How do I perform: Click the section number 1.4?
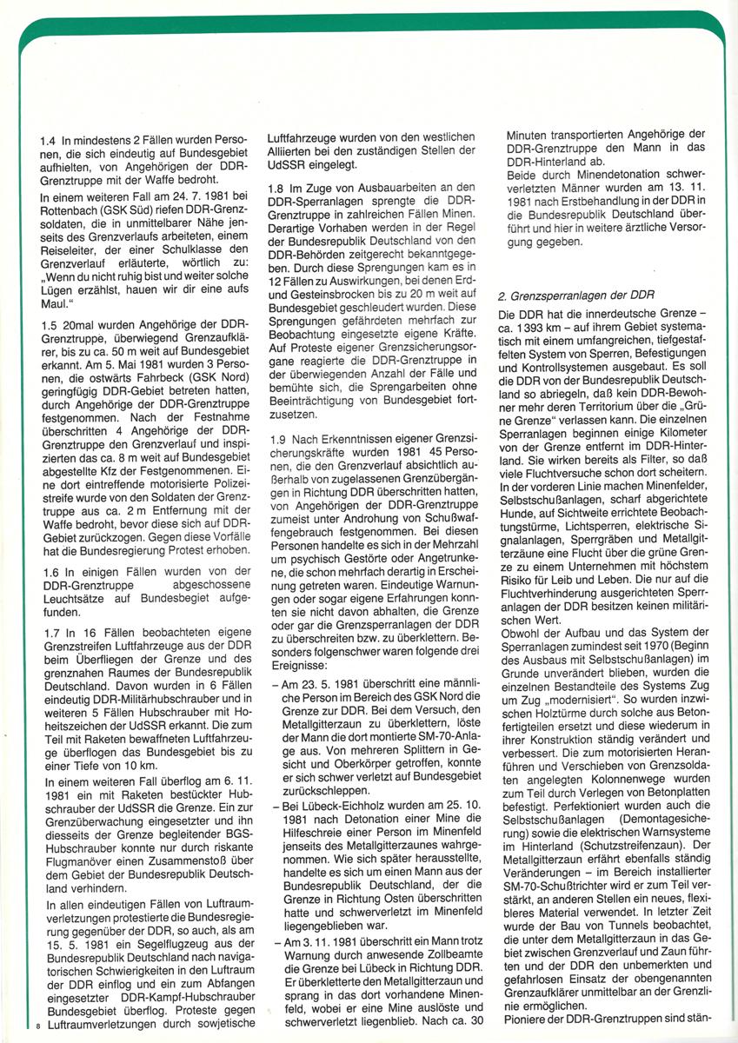(x=49, y=140)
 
